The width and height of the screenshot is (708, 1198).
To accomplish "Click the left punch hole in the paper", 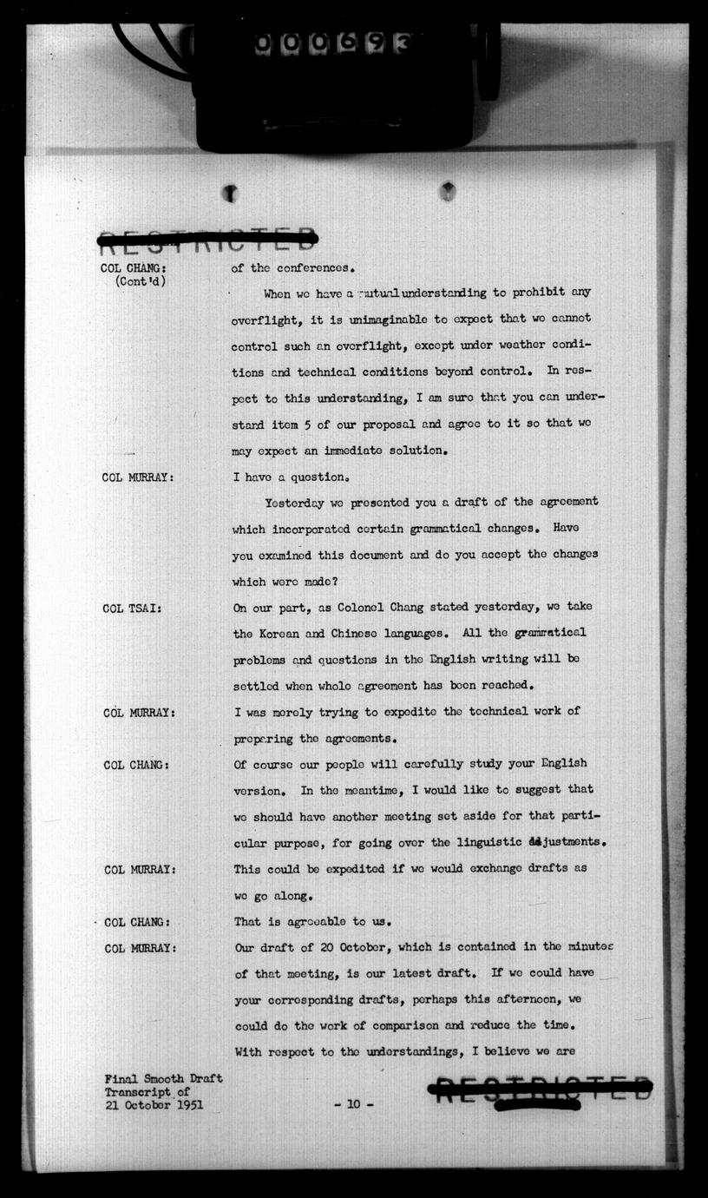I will pos(230,194).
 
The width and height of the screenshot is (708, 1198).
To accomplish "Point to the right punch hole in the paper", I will pos(447,190).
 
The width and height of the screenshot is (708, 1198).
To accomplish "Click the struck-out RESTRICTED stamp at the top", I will pos(208,237).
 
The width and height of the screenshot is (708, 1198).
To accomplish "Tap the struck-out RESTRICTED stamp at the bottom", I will pos(540,1089).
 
